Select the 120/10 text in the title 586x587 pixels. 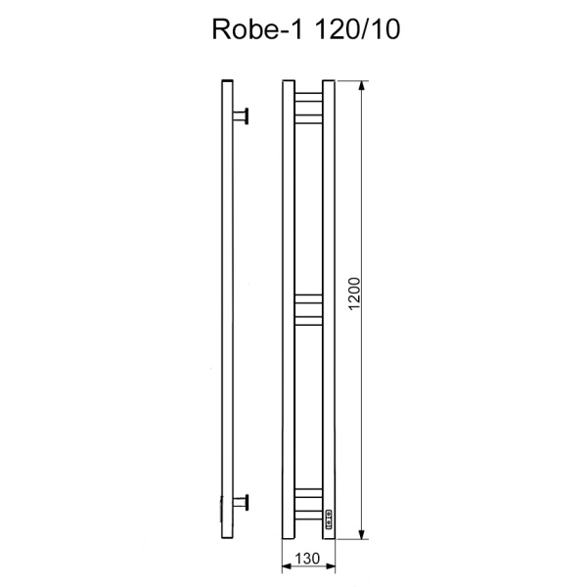pyautogui.click(x=343, y=30)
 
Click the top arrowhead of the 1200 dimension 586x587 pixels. pyautogui.click(x=364, y=86)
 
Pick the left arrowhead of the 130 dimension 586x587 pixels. pyautogui.click(x=286, y=567)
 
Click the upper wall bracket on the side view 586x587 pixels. pyautogui.click(x=243, y=115)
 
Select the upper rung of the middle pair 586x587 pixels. pyautogui.click(x=309, y=296)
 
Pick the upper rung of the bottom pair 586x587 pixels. pyautogui.click(x=309, y=490)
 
